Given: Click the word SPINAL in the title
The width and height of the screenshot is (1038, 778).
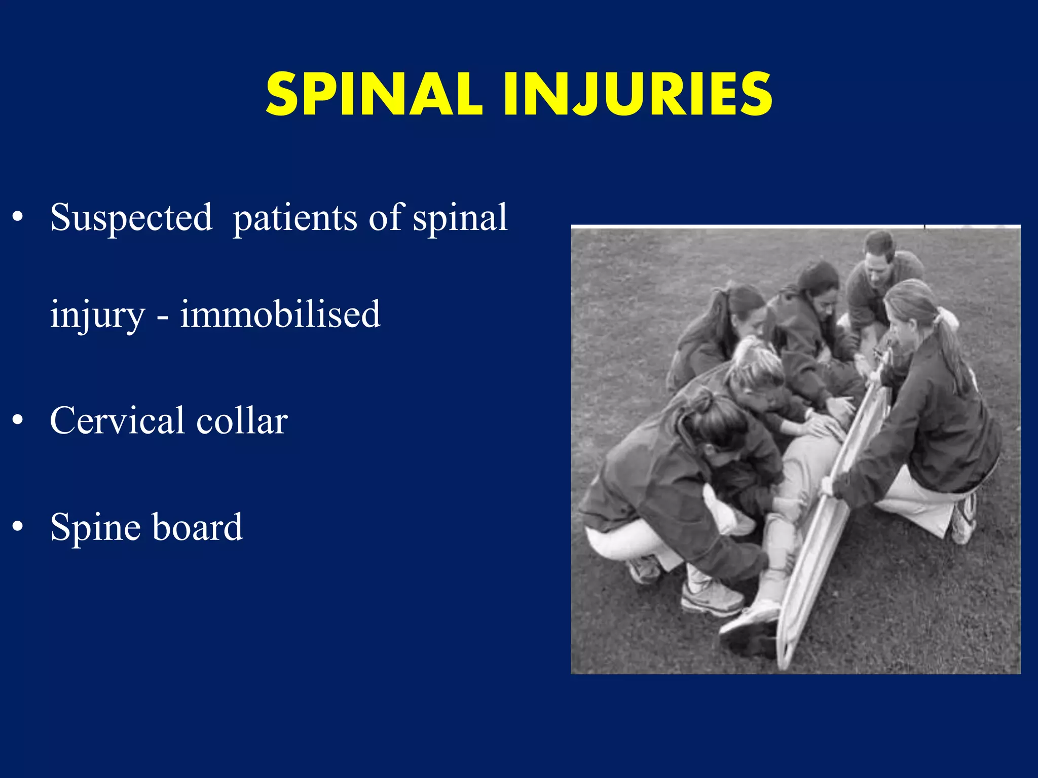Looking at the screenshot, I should [374, 94].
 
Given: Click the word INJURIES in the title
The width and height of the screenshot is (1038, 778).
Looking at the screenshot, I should [638, 94].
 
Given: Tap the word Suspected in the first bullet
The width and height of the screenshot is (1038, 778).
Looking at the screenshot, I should [131, 218].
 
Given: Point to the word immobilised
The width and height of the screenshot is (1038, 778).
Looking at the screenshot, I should [280, 314].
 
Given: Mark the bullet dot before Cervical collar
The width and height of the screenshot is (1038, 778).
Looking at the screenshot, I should [18, 420].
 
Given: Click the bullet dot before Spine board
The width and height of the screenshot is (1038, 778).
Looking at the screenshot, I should [18, 526].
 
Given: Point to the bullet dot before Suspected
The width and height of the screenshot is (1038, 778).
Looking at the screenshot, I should [18, 217].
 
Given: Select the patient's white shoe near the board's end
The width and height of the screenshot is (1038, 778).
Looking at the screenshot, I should [750, 618].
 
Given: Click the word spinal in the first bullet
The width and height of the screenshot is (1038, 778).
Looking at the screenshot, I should [460, 219].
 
